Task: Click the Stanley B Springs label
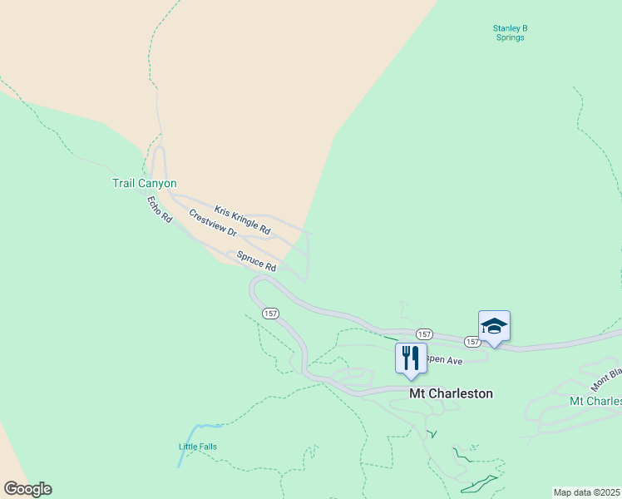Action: coord(509,32)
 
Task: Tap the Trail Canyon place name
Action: coord(145,183)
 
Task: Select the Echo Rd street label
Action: coord(159,209)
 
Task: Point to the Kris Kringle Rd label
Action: coord(243,219)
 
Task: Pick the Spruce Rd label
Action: coord(256,261)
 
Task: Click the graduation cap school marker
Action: coord(494,327)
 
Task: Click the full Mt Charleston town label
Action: coord(451,393)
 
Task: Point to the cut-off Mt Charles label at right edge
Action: coord(595,401)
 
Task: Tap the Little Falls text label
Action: coord(198,447)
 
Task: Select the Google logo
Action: coord(27,489)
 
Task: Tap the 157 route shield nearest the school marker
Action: coord(471,342)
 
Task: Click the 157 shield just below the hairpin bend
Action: coord(269,314)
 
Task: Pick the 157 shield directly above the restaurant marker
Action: coord(423,333)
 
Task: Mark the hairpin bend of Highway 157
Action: coord(254,288)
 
